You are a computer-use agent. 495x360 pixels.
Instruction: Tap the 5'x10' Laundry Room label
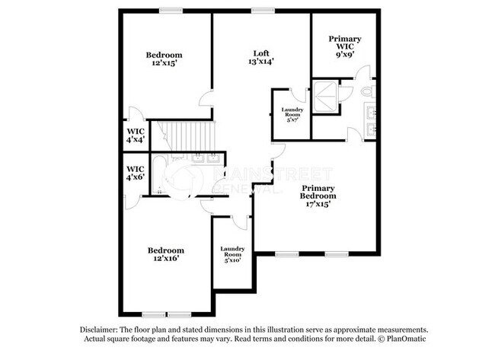[232, 254]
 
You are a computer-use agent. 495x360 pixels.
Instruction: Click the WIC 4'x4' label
[136, 135]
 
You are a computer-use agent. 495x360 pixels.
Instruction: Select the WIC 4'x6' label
[136, 173]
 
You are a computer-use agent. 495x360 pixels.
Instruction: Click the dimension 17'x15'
[318, 204]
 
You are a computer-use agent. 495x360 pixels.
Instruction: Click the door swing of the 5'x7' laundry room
[297, 96]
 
